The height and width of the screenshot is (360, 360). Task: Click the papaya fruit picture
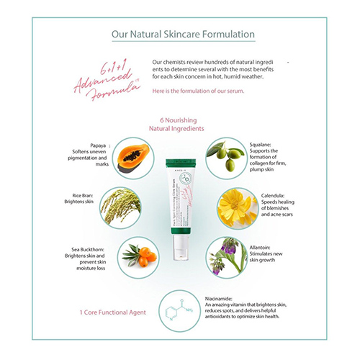133,156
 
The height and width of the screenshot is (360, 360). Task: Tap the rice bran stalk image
120,207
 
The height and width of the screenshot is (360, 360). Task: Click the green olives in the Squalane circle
227,156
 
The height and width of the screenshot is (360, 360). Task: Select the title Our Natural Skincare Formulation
179,35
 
